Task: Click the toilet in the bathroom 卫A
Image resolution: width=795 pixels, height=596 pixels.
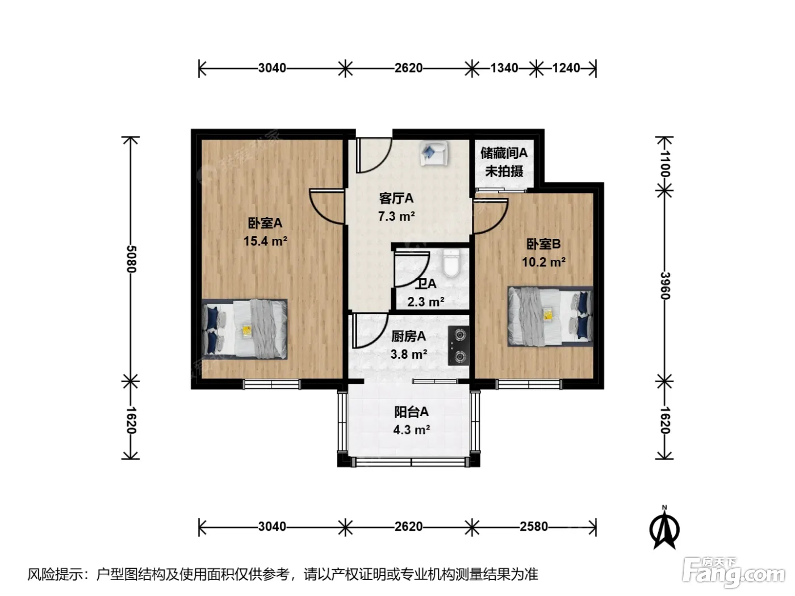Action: click(x=450, y=262)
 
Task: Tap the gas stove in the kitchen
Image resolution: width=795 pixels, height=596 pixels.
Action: click(x=458, y=345)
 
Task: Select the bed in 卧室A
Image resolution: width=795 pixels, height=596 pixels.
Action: click(x=245, y=329)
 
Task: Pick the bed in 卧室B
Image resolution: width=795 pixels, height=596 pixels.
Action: click(x=550, y=316)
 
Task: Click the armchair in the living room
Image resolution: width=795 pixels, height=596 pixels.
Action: click(x=434, y=153)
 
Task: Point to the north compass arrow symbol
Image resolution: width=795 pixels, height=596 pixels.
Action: click(x=664, y=528)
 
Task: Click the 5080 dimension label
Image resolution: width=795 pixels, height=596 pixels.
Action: click(x=131, y=259)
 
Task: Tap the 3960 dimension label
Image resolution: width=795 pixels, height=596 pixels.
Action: click(x=665, y=286)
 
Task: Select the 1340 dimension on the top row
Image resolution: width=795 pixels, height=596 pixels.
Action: click(x=504, y=68)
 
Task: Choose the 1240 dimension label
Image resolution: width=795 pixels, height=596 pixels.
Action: click(x=566, y=68)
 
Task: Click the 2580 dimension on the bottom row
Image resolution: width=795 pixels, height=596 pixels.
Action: click(x=534, y=527)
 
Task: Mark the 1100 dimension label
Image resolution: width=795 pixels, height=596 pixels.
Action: click(x=665, y=163)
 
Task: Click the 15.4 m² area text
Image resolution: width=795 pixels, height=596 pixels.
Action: click(x=266, y=241)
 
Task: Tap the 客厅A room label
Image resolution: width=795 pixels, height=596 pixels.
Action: click(x=396, y=198)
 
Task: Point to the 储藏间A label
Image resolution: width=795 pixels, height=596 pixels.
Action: click(x=504, y=153)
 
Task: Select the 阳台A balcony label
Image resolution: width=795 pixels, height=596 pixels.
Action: click(x=412, y=412)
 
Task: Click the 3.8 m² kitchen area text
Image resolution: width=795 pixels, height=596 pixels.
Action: click(x=408, y=354)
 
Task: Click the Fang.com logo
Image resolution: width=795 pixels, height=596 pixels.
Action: click(x=733, y=573)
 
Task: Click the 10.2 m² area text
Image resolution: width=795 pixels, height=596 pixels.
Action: click(x=543, y=262)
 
